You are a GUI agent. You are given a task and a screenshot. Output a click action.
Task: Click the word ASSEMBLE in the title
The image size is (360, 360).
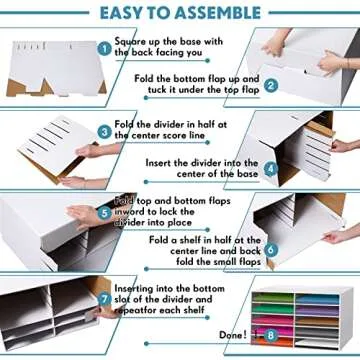tap(222, 13)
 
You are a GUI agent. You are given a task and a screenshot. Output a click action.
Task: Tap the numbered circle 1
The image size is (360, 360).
tap(104, 47)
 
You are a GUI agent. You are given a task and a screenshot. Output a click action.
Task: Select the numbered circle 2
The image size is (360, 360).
tap(270, 86)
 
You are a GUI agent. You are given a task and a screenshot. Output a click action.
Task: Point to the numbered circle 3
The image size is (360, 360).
tap(104, 130)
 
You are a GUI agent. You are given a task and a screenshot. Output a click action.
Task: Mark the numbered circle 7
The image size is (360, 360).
tap(104, 297)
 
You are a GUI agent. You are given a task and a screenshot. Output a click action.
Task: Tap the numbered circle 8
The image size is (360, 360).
tap(270, 336)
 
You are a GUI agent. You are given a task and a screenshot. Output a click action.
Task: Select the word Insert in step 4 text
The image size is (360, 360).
tap(162, 162)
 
